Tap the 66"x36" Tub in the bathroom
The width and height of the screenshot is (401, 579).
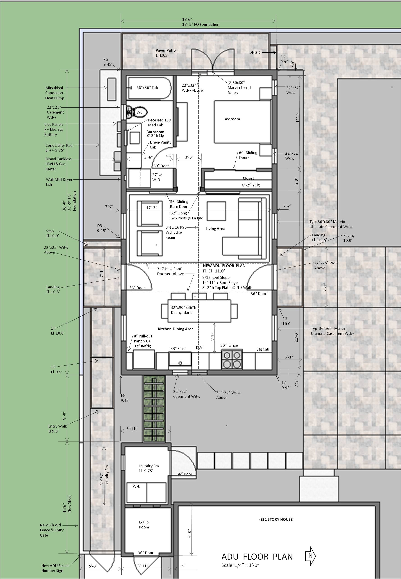[x=150, y=88]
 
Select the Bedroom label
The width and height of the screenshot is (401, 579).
[x=231, y=119]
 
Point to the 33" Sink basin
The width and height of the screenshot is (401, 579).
[x=180, y=359]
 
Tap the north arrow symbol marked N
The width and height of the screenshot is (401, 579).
[x=310, y=556]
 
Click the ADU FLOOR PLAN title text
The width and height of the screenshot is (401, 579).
[x=257, y=557]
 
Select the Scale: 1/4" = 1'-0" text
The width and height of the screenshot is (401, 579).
[x=240, y=565]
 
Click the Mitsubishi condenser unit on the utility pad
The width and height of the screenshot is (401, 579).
[x=112, y=89]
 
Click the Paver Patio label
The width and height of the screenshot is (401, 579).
[x=165, y=50]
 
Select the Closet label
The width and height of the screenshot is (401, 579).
[x=248, y=178]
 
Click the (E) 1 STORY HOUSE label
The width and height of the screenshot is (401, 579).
[x=276, y=519]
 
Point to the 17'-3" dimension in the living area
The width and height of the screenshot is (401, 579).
[x=152, y=208]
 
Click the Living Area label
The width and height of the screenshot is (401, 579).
[x=215, y=229]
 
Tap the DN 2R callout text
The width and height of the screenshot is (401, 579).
[x=254, y=52]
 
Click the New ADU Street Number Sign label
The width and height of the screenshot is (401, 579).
[x=55, y=568]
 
